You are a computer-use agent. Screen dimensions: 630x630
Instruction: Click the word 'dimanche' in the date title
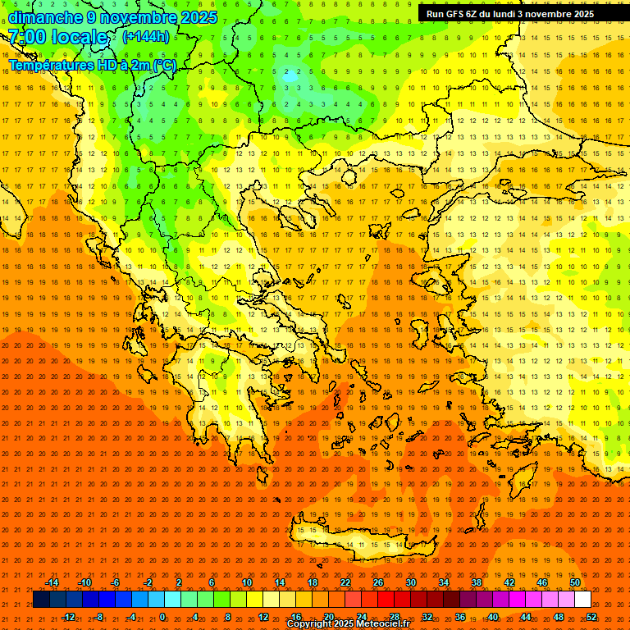pyautogui.click(x=45, y=17)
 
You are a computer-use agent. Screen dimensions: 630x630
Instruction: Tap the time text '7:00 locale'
pyautogui.click(x=58, y=37)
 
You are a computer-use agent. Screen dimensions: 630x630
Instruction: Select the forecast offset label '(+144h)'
pyautogui.click(x=146, y=36)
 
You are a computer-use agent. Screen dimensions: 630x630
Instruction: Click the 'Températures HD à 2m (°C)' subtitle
pyautogui.click(x=93, y=65)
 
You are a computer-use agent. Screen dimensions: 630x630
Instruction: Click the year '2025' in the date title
pyautogui.click(x=198, y=17)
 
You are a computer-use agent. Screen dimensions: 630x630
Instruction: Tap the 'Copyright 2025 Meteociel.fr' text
pyautogui.click(x=348, y=624)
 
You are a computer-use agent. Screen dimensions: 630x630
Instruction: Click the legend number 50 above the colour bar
pyautogui.click(x=575, y=582)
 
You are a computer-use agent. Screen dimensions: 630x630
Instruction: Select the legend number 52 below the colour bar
pyautogui.click(x=591, y=617)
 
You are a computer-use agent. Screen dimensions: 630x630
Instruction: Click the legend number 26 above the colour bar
pyautogui.click(x=378, y=582)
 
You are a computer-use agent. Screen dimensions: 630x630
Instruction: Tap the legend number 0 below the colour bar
pyautogui.click(x=162, y=617)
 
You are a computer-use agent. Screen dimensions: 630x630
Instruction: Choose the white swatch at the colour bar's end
pyautogui.click(x=582, y=600)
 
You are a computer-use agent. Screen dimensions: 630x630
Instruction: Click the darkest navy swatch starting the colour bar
pyautogui.click(x=41, y=600)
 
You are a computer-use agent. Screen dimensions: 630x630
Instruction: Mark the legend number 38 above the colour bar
pyautogui.click(x=477, y=582)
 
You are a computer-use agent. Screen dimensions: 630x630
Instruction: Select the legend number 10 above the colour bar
pyautogui.click(x=247, y=582)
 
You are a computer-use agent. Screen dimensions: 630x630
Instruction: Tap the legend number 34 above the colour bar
pyautogui.click(x=444, y=582)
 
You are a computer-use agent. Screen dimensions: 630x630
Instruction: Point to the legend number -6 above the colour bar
pyautogui.click(x=116, y=582)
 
